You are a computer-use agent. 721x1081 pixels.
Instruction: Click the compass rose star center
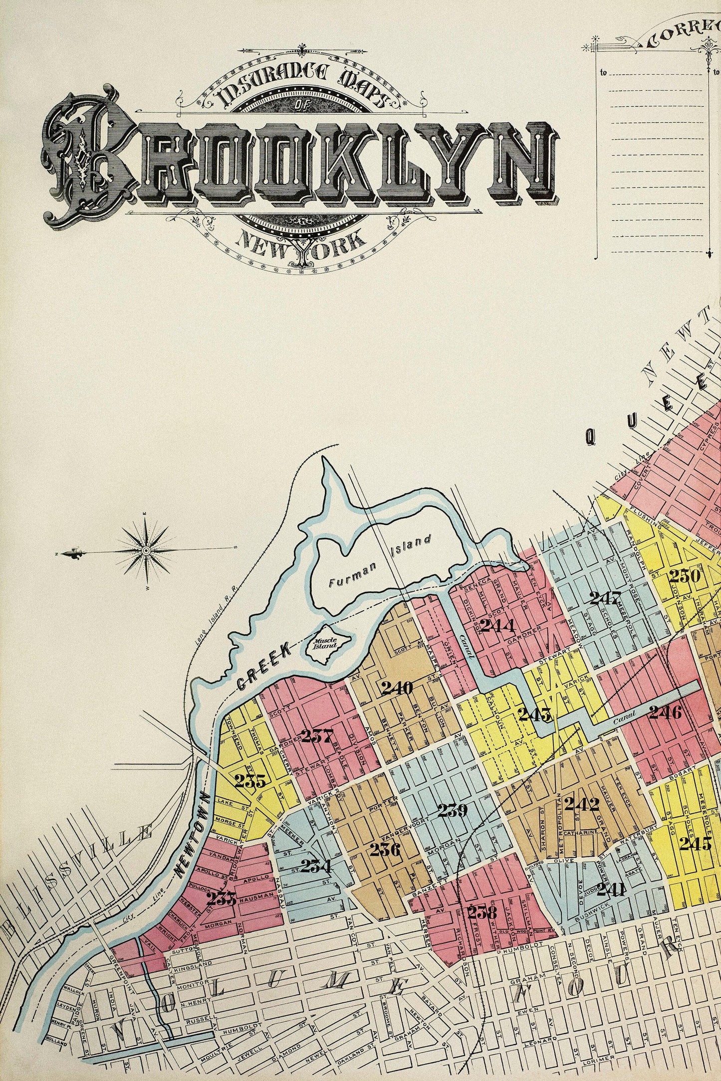146,550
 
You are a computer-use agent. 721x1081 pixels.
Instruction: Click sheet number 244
497,625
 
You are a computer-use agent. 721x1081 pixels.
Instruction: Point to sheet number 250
686,576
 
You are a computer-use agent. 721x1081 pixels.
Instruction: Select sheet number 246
666,713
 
